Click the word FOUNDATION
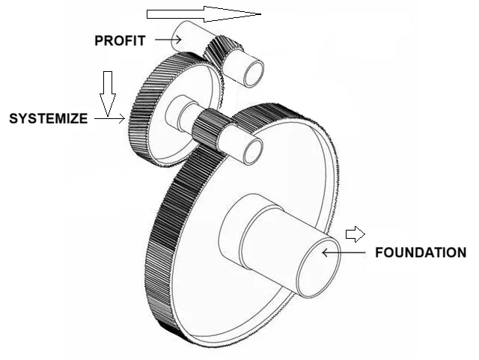(x=419, y=252)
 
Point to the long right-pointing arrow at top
(x=203, y=13)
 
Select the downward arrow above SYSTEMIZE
(x=108, y=93)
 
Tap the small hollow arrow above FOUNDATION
(x=355, y=234)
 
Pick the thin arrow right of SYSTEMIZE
(x=109, y=118)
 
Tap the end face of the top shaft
(x=251, y=72)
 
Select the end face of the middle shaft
(x=251, y=150)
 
